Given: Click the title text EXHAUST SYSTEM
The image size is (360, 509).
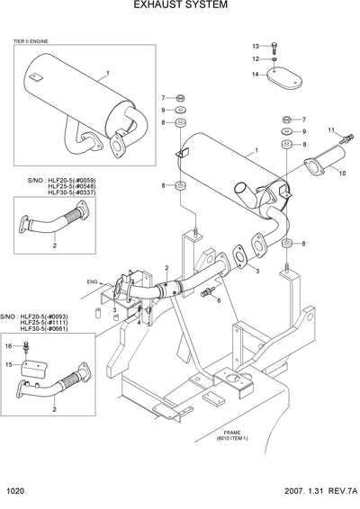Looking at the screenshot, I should pyautogui.click(x=180, y=5).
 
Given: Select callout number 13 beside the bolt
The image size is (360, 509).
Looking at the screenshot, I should pyautogui.click(x=255, y=45).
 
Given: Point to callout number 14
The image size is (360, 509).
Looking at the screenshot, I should pyautogui.click(x=255, y=74).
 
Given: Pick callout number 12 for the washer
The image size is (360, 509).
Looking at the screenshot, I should pyautogui.click(x=255, y=59).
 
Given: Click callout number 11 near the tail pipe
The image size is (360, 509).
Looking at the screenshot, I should pyautogui.click(x=329, y=130).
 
